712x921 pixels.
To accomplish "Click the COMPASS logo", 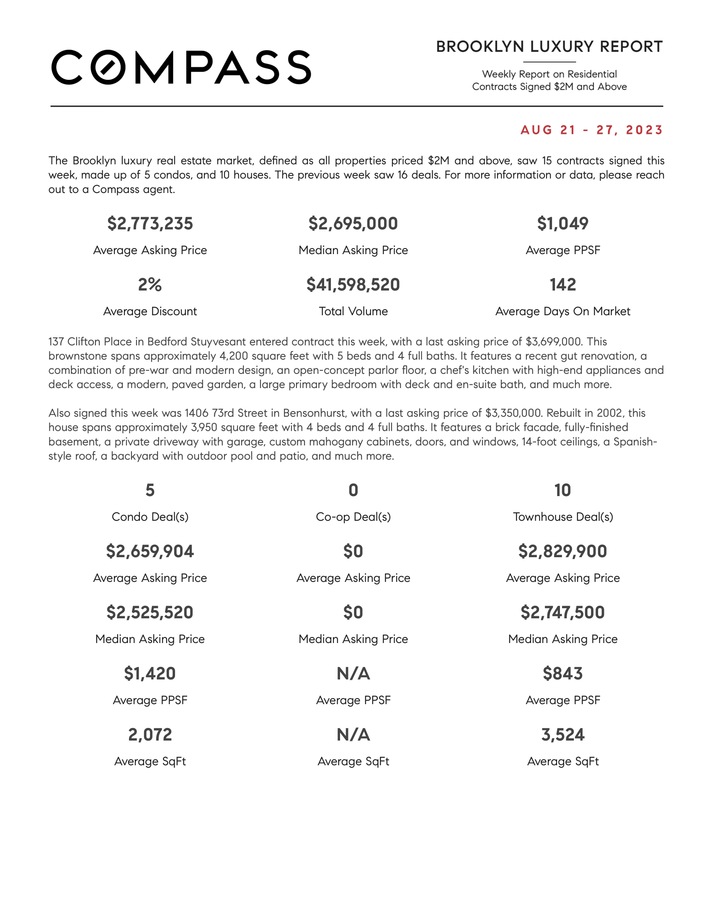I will [x=181, y=67].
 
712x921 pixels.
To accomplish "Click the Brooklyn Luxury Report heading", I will [x=549, y=47].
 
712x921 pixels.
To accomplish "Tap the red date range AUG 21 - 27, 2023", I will [x=591, y=130].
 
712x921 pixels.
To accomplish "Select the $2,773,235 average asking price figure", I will [x=150, y=224].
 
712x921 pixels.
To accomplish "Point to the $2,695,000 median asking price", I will [x=353, y=224].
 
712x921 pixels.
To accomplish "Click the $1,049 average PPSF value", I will [x=562, y=224].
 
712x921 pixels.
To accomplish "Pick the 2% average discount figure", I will [x=150, y=285].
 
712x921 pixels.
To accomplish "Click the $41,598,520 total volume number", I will [x=353, y=285].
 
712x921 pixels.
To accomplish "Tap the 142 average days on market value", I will [x=562, y=285].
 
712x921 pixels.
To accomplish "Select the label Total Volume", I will [x=353, y=311].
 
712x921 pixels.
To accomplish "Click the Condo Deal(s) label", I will [x=150, y=517].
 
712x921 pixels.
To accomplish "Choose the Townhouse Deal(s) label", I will [x=562, y=517].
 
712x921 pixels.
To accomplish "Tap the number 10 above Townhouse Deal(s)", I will [x=562, y=490].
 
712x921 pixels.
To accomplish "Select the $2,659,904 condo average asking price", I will [x=150, y=551].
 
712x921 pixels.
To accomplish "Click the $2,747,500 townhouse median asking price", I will [x=562, y=612].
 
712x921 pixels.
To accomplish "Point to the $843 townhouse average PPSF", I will [x=562, y=674].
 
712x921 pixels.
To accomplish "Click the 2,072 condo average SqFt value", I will [x=150, y=735].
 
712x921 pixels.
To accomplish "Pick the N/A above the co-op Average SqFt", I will [x=353, y=735].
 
